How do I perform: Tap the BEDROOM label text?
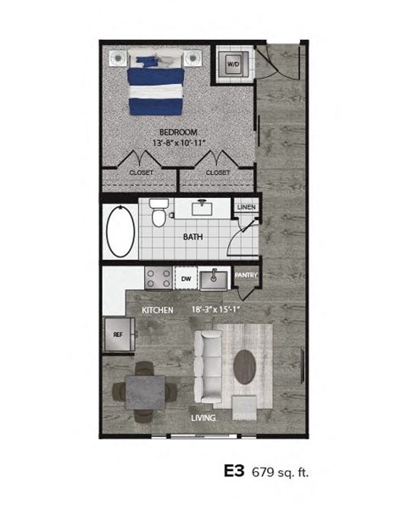click(x=178, y=132)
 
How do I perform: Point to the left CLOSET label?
click(x=141, y=172)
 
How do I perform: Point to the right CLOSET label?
click(x=217, y=172)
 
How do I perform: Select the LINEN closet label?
click(x=247, y=206)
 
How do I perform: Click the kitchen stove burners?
click(x=156, y=278)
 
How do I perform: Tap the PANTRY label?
click(x=245, y=275)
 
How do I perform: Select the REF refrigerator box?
click(x=118, y=334)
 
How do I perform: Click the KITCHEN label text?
click(x=158, y=311)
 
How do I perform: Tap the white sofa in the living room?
click(x=209, y=367)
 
